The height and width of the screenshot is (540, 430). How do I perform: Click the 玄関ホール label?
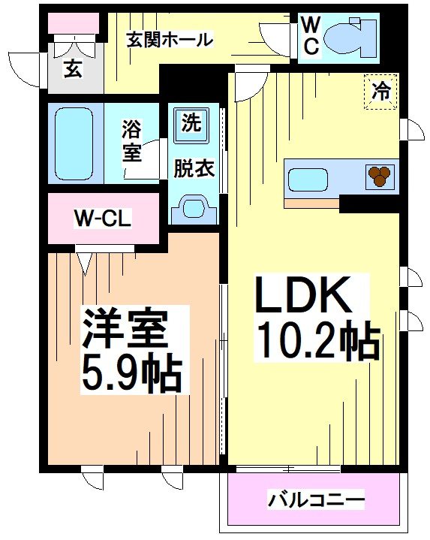click(x=170, y=40)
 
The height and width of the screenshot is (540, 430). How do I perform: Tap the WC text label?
click(x=311, y=36)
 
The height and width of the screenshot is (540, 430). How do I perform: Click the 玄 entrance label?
click(x=72, y=69)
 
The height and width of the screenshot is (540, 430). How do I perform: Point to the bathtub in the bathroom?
click(x=74, y=143)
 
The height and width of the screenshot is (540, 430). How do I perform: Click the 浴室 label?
click(x=132, y=141)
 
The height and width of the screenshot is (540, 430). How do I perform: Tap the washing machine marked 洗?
click(x=191, y=124)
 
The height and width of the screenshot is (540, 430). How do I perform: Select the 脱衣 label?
click(x=194, y=167)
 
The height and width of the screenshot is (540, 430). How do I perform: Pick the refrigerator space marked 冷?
click(x=380, y=92)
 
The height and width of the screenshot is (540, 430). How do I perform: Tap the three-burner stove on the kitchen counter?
click(x=380, y=176)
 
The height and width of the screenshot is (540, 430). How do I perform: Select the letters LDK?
click(x=303, y=295)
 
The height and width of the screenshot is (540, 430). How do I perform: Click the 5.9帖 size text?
click(x=132, y=373)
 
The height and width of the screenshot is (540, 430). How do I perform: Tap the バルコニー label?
click(x=316, y=499)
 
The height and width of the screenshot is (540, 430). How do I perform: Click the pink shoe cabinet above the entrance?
click(x=73, y=23)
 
